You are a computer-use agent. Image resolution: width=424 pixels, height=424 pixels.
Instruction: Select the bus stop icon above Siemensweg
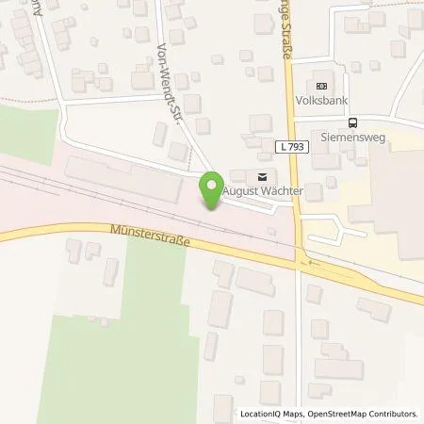[352, 122]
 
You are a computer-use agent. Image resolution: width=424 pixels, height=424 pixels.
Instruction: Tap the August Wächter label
[263, 191]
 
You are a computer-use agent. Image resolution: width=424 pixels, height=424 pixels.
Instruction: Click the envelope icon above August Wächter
[262, 175]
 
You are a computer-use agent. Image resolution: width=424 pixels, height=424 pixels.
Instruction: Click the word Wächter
[283, 191]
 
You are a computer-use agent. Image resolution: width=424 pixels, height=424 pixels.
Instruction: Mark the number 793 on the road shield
[298, 148]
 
